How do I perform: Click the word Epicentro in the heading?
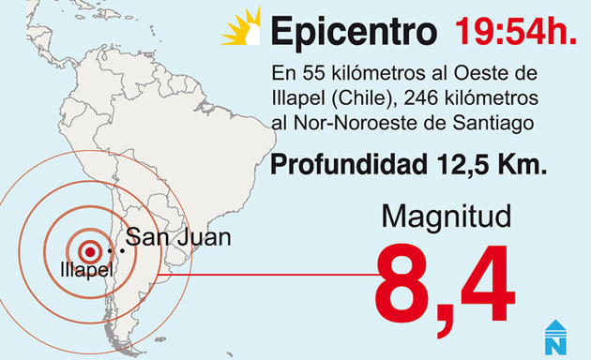353,32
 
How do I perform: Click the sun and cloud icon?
241,27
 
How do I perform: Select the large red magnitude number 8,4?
445,285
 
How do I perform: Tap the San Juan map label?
178,237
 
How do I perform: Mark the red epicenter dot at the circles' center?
90,251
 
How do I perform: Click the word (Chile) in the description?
354,97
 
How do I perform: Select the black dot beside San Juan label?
121,250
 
